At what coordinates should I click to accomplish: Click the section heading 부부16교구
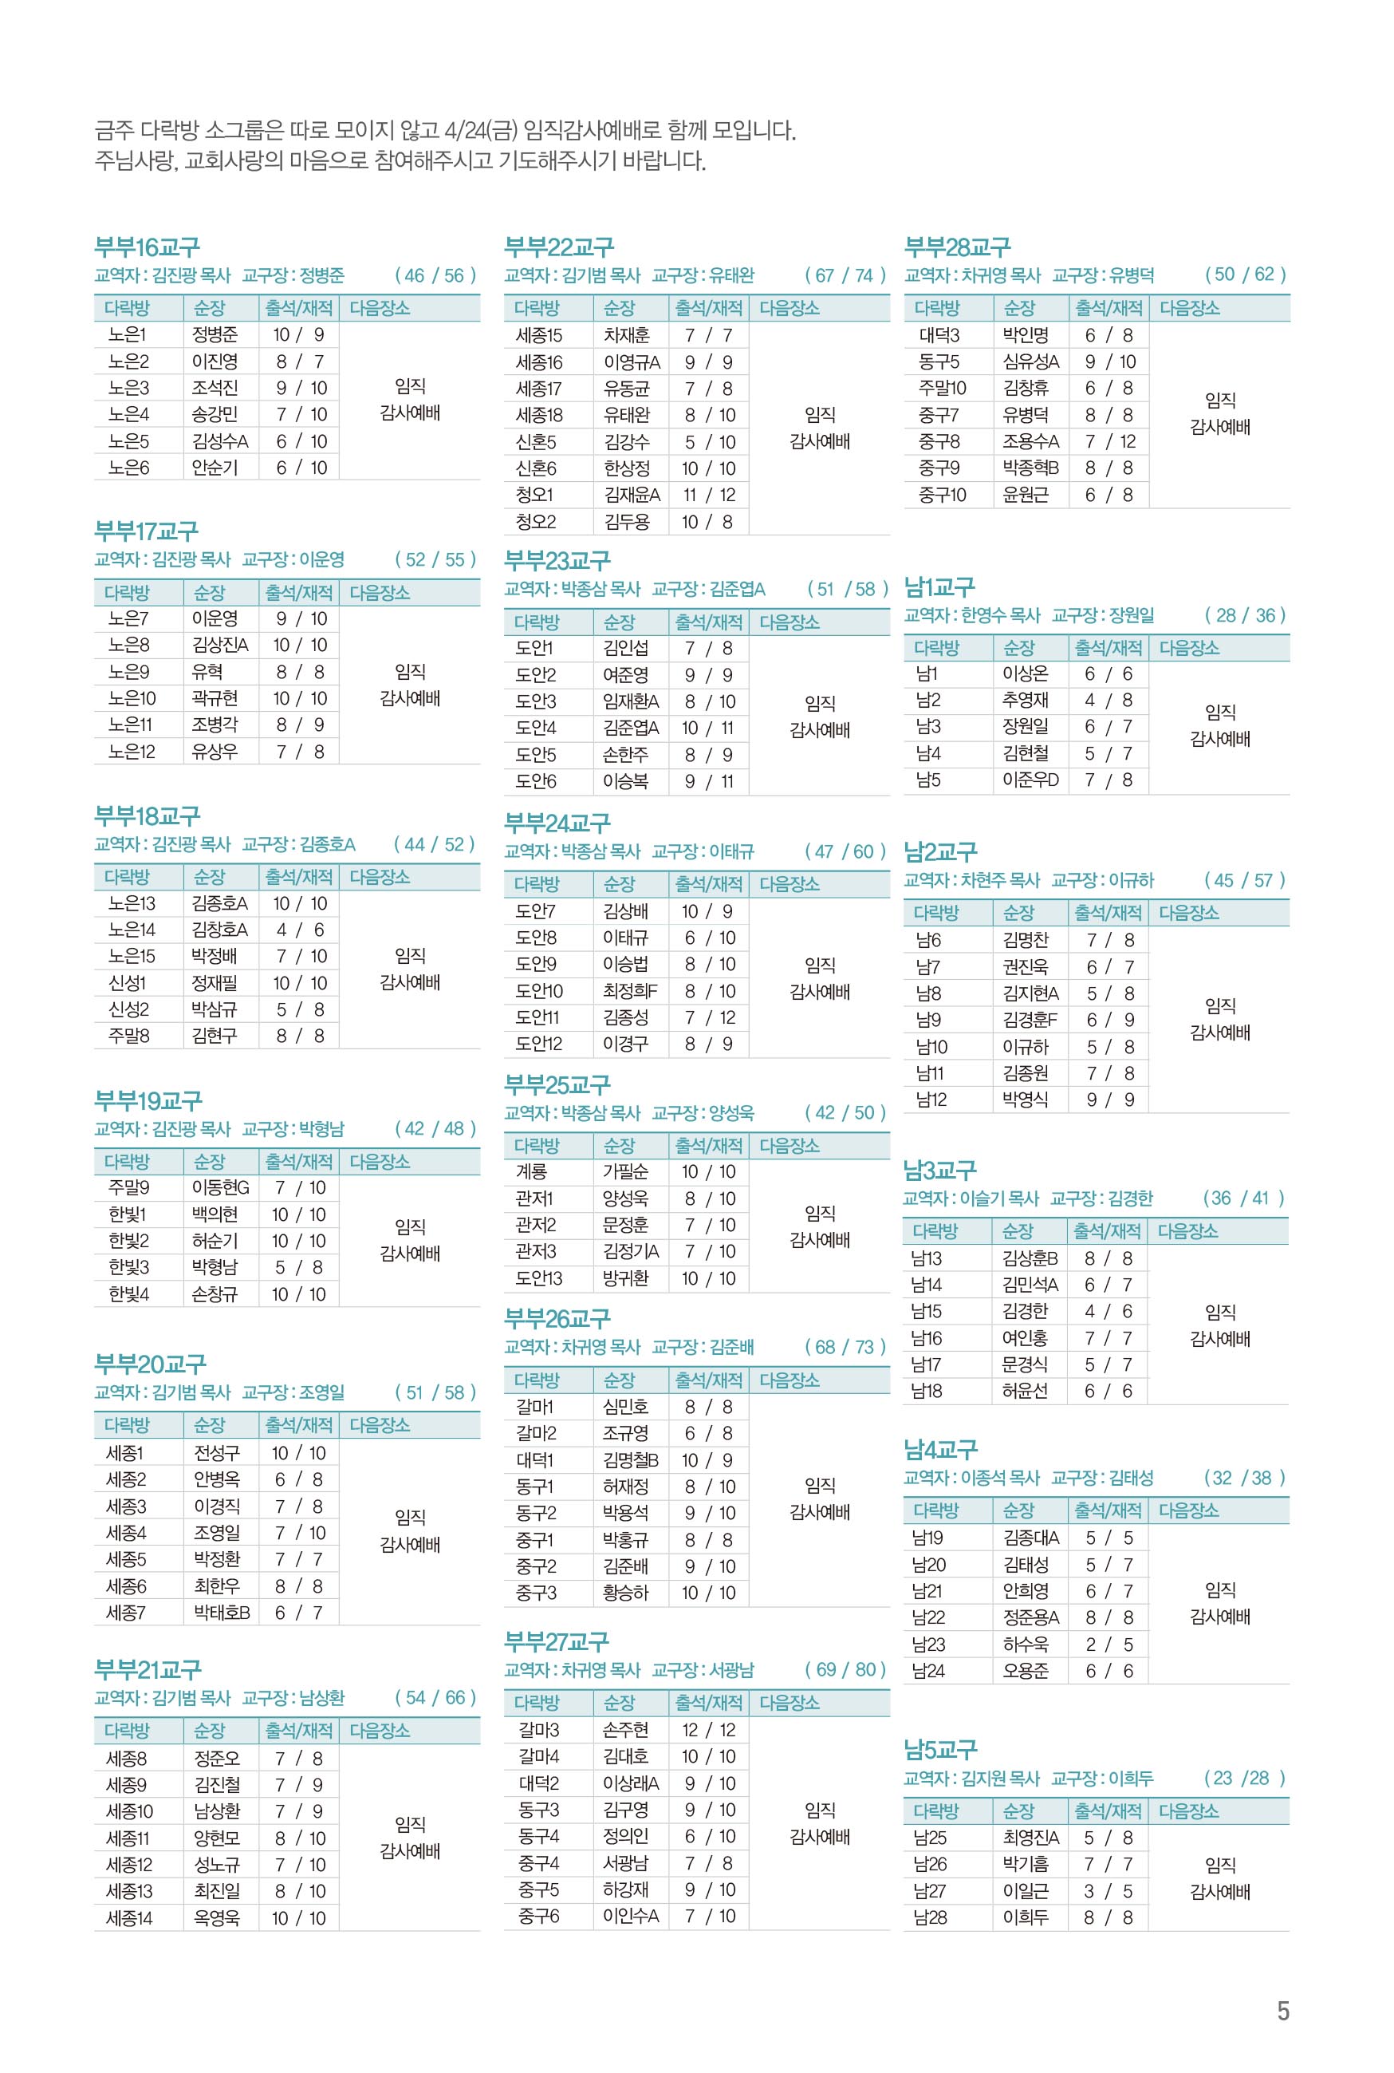click(147, 247)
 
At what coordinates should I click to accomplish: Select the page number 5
click(1282, 2011)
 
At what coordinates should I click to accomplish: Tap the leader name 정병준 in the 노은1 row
click(215, 335)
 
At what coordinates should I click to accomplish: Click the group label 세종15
click(538, 335)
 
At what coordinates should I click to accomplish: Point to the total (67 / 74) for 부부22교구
click(845, 274)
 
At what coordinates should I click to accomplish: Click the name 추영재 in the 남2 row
click(1024, 700)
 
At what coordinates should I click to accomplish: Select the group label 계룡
click(531, 1172)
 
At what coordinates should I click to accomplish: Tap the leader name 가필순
click(626, 1172)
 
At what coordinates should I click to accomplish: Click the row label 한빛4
click(128, 1294)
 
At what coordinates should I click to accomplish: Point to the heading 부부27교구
click(557, 1641)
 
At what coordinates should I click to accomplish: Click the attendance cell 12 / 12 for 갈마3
click(708, 1730)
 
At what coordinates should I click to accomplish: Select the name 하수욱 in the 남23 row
click(1025, 1645)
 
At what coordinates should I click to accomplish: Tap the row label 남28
click(929, 1917)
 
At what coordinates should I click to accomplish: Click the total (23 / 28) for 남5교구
click(1244, 1778)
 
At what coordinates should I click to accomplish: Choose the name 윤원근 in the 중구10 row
click(1024, 495)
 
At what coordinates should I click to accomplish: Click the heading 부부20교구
click(149, 1364)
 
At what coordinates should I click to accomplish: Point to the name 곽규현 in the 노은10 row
click(215, 698)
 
